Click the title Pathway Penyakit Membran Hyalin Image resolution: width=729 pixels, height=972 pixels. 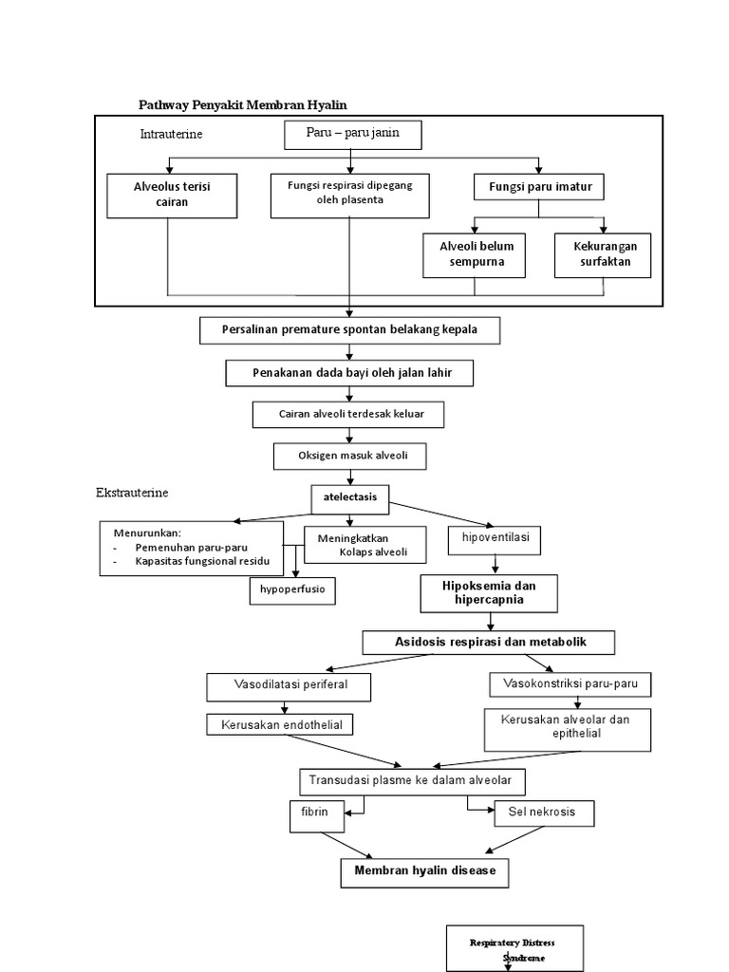click(x=251, y=103)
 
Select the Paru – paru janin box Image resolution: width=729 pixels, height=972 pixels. click(x=351, y=133)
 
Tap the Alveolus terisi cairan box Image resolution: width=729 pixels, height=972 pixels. click(x=172, y=195)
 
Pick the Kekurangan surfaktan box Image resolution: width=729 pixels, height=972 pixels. click(x=603, y=254)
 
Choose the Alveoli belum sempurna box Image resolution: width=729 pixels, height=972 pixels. click(x=471, y=254)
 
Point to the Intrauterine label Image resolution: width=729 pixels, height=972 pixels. click(x=171, y=134)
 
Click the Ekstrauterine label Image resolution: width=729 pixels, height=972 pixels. click(x=132, y=494)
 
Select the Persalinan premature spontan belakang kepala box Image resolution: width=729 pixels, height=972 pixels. click(x=349, y=330)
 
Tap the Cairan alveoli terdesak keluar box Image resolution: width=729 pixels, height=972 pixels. click(x=348, y=415)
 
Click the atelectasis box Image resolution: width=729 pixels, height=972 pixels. click(x=350, y=496)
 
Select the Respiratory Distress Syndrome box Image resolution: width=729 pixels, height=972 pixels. click(x=514, y=948)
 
